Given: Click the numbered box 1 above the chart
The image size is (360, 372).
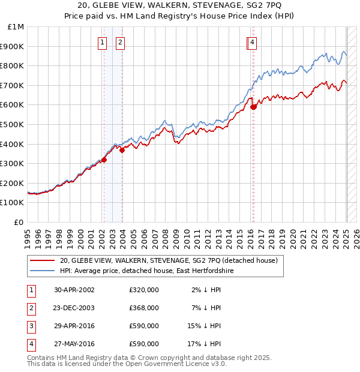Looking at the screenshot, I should coord(103,42).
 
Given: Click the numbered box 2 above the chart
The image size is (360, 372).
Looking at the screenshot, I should coord(120,42).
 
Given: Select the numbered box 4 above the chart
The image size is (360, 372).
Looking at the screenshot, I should coord(253,42).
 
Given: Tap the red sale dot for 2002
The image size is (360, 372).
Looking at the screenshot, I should coord(104,160).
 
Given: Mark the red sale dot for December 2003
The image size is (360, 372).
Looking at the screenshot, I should coord(122,151).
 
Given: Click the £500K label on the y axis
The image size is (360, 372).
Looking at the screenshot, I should coord(12,125).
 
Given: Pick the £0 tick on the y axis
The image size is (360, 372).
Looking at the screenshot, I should coord(19,222).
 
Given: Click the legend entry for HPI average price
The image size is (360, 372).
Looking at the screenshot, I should coord(146,271).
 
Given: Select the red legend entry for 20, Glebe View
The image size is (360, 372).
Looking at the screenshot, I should coord(168,261).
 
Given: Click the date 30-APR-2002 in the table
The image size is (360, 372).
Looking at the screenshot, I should coord(74,289).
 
